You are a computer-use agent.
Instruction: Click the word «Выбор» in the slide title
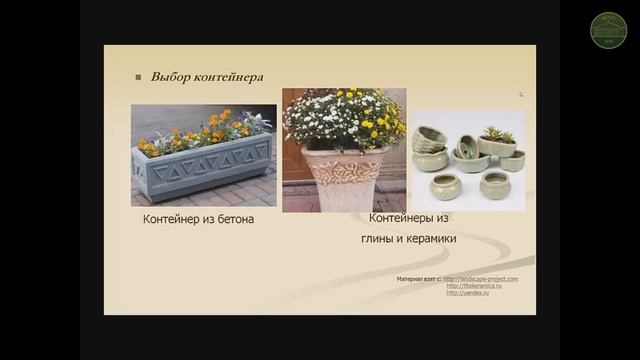pos(168,77)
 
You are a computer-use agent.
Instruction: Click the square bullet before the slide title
pos(139,77)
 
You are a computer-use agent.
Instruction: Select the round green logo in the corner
pos(609,28)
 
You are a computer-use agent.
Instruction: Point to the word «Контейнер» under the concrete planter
pos(173,218)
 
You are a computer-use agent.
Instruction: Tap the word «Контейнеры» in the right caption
pos(405,217)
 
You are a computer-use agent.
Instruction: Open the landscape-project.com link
pos(480,279)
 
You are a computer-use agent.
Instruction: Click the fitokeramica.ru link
pos(473,286)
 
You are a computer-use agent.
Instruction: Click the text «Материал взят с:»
pos(419,279)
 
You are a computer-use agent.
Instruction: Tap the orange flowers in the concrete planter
pos(215,129)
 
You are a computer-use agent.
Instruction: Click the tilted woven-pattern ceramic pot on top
pos(433,135)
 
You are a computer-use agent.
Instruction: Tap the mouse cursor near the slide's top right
pos(520,95)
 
